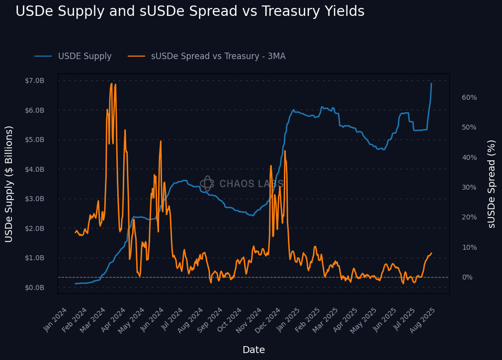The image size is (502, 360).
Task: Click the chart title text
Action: [x=190, y=11]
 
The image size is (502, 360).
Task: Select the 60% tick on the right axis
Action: [x=469, y=98]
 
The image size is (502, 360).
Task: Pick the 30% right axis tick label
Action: [x=469, y=188]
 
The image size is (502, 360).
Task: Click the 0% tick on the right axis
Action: [x=467, y=277]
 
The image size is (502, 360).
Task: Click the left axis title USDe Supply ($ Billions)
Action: [x=9, y=184]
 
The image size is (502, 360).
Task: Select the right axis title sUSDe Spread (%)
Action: [x=492, y=184]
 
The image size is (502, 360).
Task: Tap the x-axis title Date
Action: [x=253, y=350]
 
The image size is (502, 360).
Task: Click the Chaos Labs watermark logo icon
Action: [x=207, y=184]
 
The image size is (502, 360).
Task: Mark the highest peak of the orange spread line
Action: [x=111, y=83]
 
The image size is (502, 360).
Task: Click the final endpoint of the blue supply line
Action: [x=431, y=83]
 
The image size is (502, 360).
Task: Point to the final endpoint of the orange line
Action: [x=431, y=253]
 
